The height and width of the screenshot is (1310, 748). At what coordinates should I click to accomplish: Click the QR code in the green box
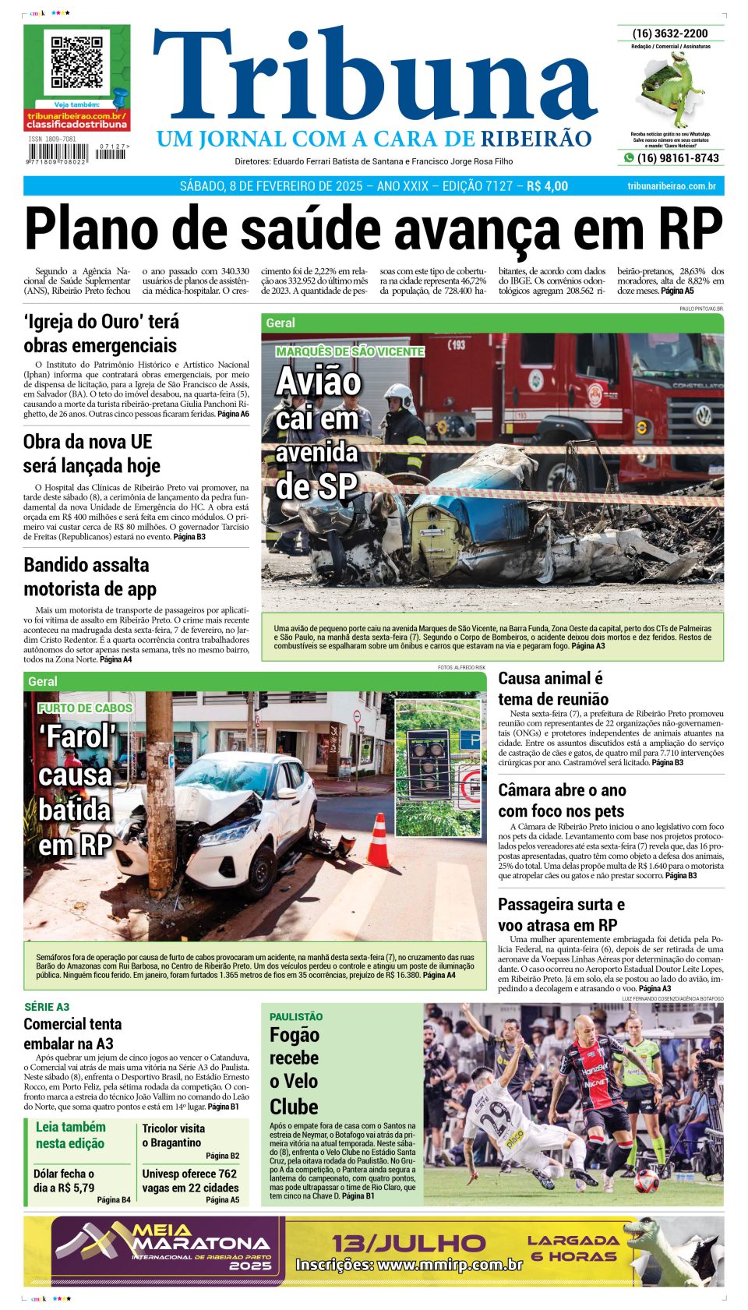[76, 62]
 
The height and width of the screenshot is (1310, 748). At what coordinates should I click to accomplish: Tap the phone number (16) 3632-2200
[670, 34]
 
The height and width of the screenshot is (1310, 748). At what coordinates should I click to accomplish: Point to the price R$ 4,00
[548, 186]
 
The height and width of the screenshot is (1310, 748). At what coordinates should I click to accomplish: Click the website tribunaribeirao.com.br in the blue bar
[671, 186]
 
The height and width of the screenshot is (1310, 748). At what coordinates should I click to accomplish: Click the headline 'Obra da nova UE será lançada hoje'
[92, 454]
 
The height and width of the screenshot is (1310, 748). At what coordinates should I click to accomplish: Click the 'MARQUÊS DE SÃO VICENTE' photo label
[350, 351]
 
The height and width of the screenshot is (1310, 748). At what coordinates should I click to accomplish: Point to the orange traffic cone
[379, 842]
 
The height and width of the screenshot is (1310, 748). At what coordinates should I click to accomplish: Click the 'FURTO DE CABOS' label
[85, 708]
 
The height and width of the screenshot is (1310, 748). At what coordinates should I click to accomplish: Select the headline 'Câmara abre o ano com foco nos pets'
[562, 800]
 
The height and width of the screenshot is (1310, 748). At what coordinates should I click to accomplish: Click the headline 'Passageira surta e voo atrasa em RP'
[561, 915]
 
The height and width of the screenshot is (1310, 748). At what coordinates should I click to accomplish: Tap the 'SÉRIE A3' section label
[47, 1007]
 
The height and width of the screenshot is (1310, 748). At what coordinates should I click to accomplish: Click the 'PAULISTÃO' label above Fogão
[296, 1017]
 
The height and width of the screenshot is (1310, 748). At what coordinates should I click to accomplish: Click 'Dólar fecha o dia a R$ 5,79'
[64, 1181]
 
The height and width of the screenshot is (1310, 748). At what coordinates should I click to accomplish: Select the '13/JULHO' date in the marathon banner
[408, 1242]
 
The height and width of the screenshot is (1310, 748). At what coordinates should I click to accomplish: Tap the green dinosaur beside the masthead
[673, 90]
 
